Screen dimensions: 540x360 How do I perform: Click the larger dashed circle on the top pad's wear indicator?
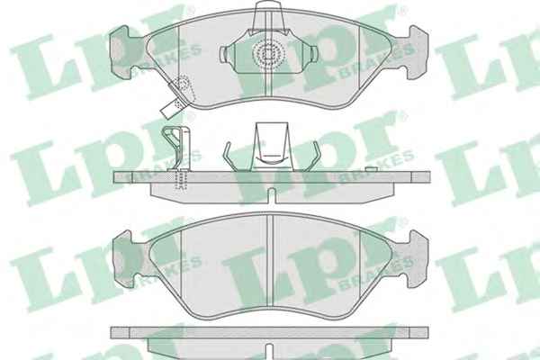tap(182, 85)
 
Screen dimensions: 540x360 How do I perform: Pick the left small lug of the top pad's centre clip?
tap(223, 54)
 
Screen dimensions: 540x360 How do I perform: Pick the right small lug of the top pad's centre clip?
tap(313, 54)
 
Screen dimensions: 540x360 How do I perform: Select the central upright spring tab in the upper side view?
tap(272, 147)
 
